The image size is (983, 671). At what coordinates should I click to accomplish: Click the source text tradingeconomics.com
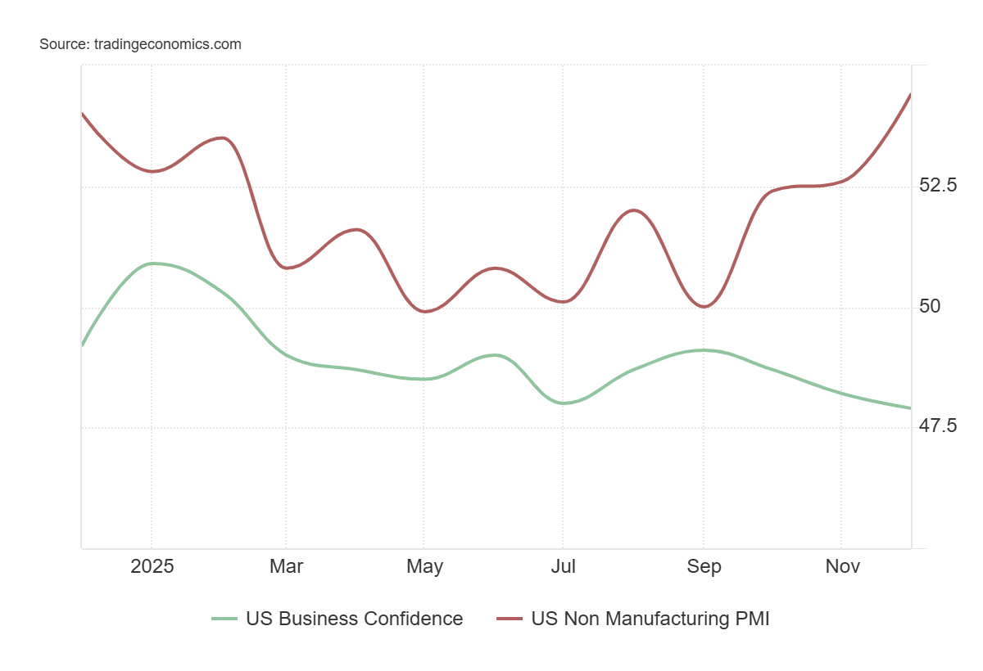tap(140, 44)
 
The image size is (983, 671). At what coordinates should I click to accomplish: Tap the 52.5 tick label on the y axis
tap(938, 185)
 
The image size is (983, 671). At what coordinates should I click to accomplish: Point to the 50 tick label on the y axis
tap(930, 306)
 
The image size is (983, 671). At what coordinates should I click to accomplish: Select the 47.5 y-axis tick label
tap(938, 426)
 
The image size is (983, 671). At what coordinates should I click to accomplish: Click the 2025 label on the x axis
tap(152, 566)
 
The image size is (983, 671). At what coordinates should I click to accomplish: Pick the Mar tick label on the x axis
tap(285, 566)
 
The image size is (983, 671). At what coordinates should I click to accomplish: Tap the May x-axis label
tap(424, 566)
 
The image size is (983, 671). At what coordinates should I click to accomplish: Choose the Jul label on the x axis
tap(563, 566)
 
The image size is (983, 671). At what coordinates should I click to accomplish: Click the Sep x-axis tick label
tap(704, 566)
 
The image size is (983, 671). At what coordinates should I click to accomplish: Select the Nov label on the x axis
tap(842, 566)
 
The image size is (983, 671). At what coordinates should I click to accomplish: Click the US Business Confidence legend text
tap(354, 619)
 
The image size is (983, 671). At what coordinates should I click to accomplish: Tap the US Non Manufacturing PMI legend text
tap(650, 619)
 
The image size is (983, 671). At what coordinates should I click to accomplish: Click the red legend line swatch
tap(510, 619)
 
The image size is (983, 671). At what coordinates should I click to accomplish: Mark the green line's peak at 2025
tap(152, 263)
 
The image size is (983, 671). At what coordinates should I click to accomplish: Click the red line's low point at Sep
tap(704, 306)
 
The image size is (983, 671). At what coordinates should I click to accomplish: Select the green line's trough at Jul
tap(564, 403)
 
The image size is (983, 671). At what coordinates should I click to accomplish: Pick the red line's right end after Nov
tap(910, 95)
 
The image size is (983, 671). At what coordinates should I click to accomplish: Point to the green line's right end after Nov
tap(910, 408)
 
